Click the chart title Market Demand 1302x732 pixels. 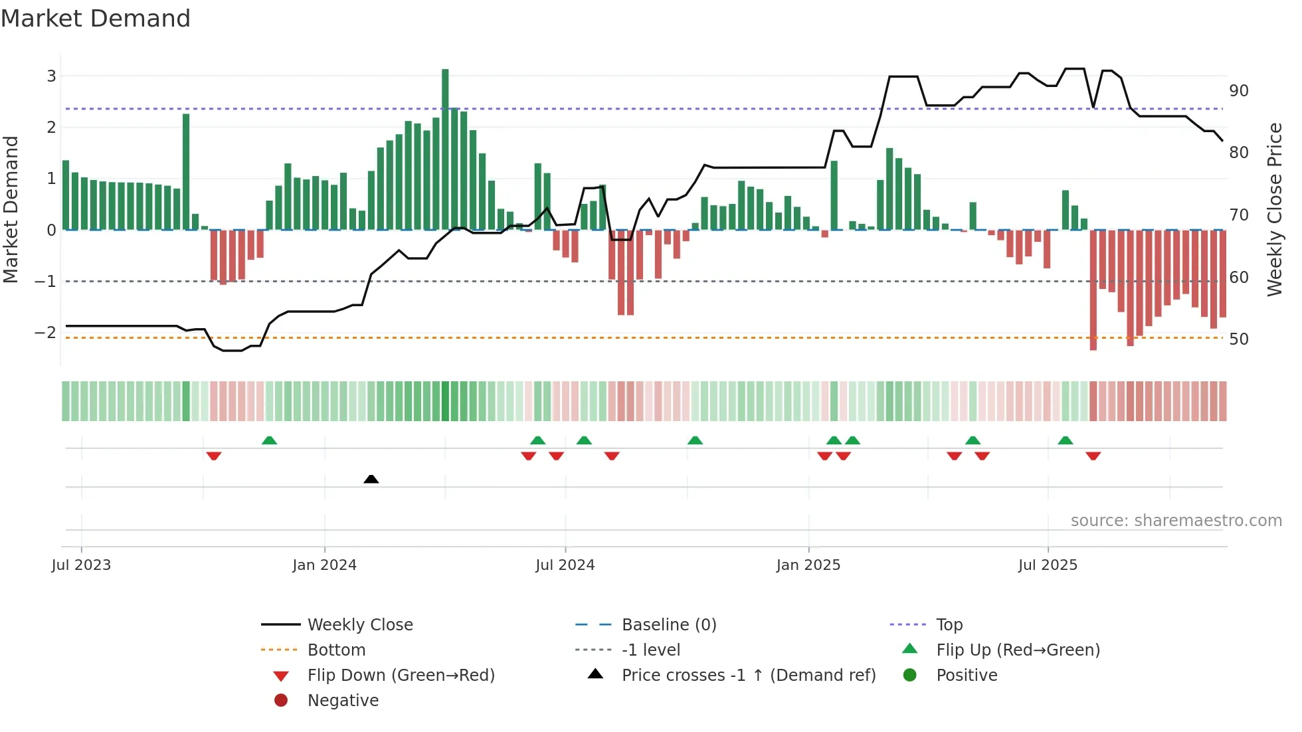click(96, 19)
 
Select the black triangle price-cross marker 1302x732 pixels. click(371, 479)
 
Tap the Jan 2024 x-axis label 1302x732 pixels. click(324, 565)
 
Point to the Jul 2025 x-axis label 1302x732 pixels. click(1048, 565)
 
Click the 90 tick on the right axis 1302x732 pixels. click(1239, 90)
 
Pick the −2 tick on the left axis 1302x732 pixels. click(46, 332)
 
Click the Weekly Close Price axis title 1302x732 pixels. click(1274, 209)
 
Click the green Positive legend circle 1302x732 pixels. click(910, 676)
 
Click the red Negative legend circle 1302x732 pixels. click(281, 701)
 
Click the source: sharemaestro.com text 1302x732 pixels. click(1176, 521)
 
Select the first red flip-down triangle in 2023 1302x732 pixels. click(213, 456)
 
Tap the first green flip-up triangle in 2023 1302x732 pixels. click(269, 440)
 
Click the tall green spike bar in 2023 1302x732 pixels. click(186, 172)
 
